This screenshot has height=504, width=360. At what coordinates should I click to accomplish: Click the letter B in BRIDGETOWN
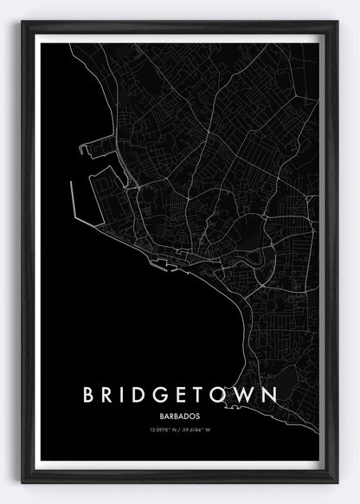coord(89,395)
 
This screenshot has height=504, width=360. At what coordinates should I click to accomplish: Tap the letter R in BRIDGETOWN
coord(112,395)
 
